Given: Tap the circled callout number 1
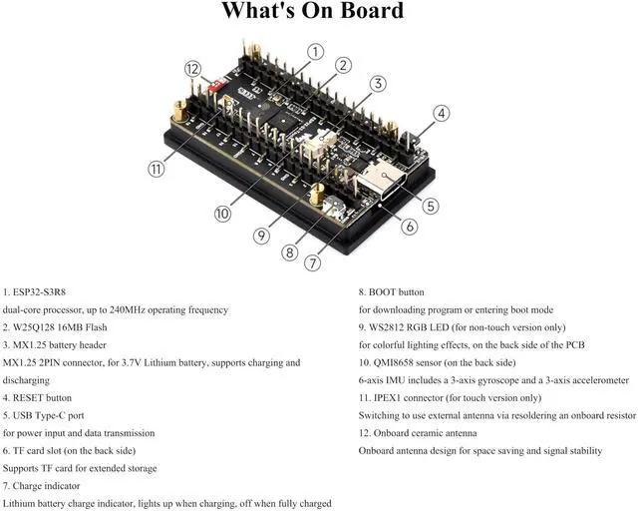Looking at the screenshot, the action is click(x=315, y=51).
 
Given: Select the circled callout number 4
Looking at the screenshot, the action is click(x=440, y=114).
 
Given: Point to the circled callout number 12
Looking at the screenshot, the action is click(x=193, y=69).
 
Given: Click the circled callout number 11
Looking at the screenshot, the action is click(x=157, y=169).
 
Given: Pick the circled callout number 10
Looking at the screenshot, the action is click(x=221, y=213).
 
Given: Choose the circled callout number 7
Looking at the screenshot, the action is click(x=313, y=263).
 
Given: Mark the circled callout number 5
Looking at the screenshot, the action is click(x=431, y=207).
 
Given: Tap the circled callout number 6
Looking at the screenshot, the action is click(x=409, y=226).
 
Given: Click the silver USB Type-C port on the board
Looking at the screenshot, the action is click(x=380, y=180).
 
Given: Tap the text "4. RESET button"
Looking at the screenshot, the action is click(x=38, y=397).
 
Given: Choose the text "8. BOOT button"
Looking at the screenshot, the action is click(x=392, y=292).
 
